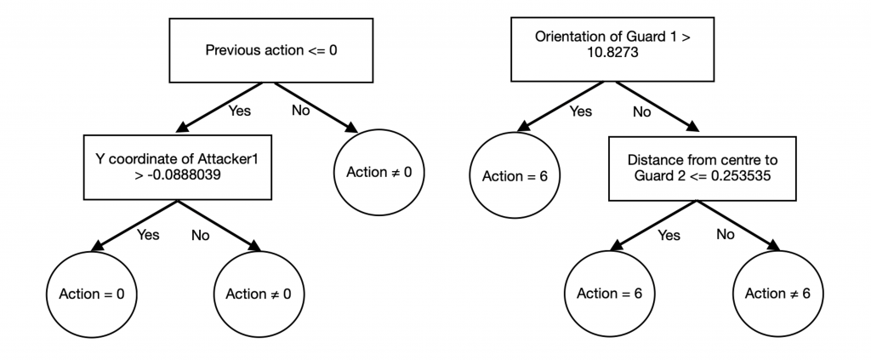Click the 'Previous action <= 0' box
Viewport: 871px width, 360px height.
[272, 50]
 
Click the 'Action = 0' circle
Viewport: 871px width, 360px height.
[91, 294]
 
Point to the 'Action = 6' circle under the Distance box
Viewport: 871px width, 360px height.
[608, 294]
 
